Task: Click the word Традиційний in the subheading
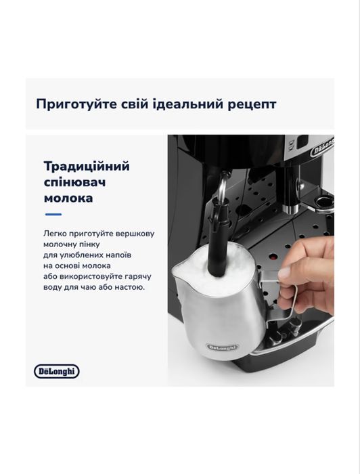(x=86, y=167)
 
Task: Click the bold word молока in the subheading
(x=68, y=200)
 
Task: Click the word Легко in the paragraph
(x=54, y=233)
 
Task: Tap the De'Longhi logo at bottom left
(x=57, y=371)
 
